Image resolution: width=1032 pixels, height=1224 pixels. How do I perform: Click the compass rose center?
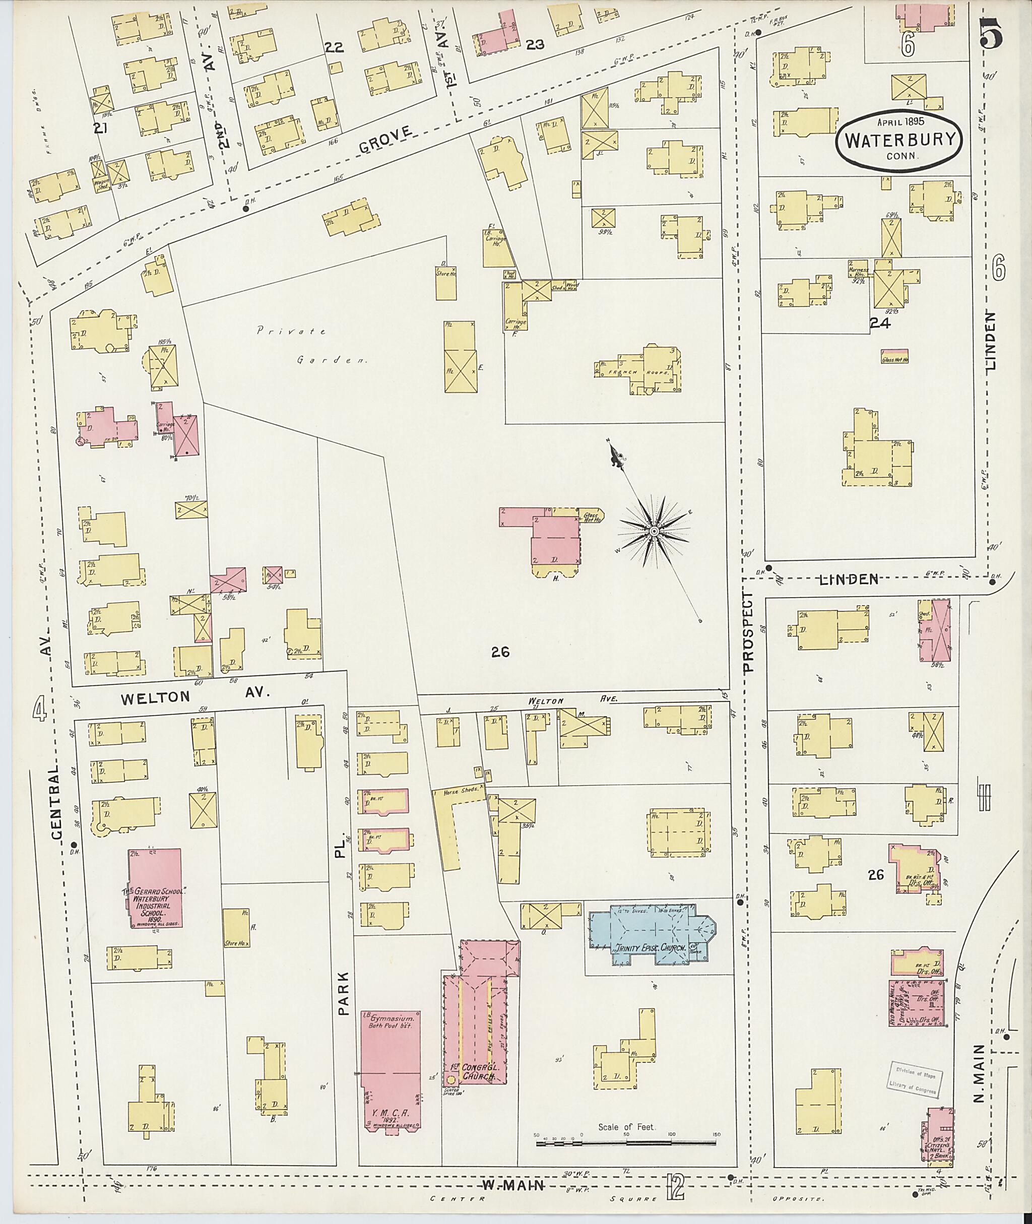[654, 531]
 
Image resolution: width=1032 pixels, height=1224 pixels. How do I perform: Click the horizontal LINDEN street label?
[848, 579]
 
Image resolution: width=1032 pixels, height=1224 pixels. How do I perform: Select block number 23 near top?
[535, 44]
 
